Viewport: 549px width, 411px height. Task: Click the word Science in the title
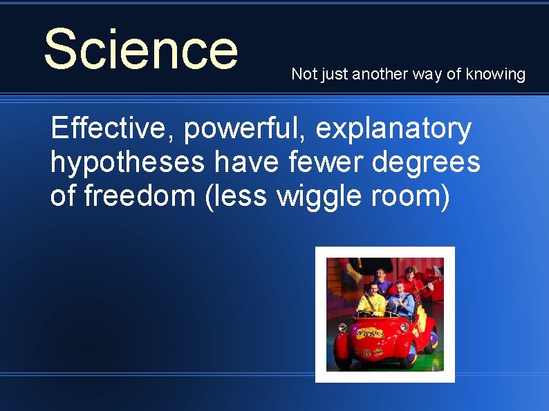140,49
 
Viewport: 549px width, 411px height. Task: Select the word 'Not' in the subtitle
302,74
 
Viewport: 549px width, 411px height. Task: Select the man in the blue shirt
401,301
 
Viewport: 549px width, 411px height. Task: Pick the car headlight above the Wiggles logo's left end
346,325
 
